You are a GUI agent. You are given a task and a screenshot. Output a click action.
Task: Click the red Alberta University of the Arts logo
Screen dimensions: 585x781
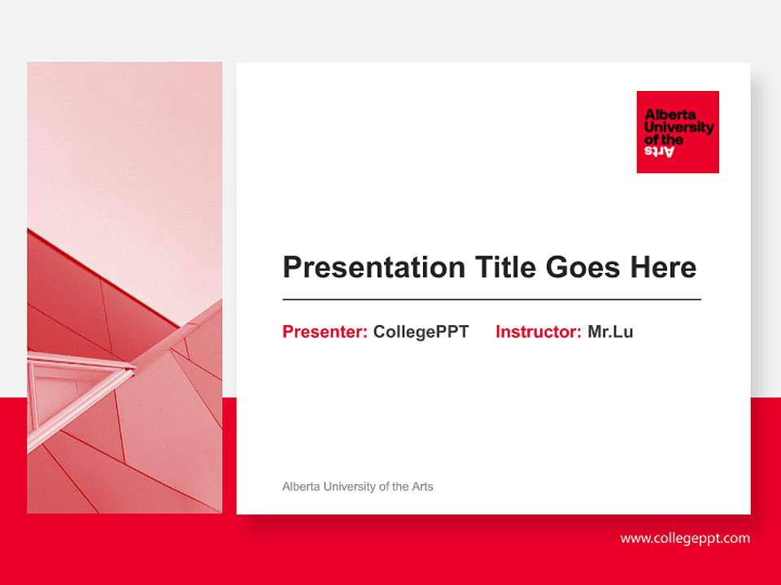[678, 132]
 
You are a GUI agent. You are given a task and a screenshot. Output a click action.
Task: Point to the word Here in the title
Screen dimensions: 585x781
[664, 267]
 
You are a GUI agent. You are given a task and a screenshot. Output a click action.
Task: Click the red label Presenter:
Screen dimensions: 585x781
[325, 331]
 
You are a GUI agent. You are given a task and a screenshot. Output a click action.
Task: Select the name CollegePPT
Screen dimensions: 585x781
[421, 331]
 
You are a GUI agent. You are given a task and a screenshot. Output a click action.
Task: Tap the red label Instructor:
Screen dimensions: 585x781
[538, 331]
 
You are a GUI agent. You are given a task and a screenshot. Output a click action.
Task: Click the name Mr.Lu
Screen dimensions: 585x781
[610, 331]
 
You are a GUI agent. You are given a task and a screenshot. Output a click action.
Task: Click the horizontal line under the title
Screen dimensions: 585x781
[491, 300]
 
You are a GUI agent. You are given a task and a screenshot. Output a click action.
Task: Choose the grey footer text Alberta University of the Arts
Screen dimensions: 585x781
[357, 487]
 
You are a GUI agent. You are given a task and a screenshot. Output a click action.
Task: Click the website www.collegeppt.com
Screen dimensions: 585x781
[685, 538]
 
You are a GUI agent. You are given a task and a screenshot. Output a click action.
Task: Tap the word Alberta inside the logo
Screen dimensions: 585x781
[665, 115]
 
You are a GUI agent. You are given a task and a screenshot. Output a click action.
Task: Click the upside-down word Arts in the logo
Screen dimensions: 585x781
[660, 151]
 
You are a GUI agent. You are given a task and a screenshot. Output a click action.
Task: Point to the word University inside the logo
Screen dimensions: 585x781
[678, 128]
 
